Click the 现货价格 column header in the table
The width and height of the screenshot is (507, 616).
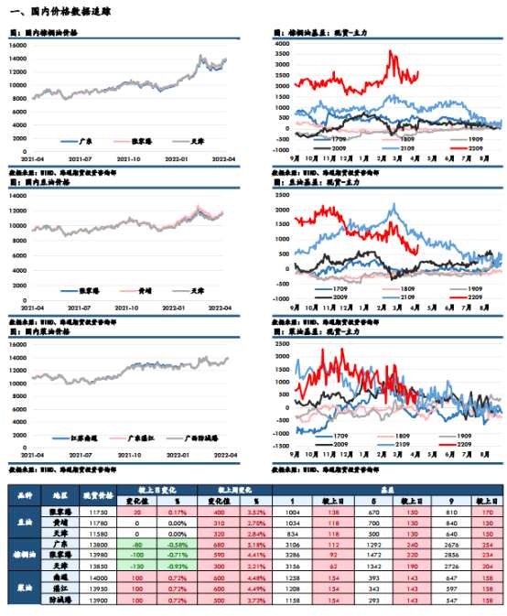tap(97, 495)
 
